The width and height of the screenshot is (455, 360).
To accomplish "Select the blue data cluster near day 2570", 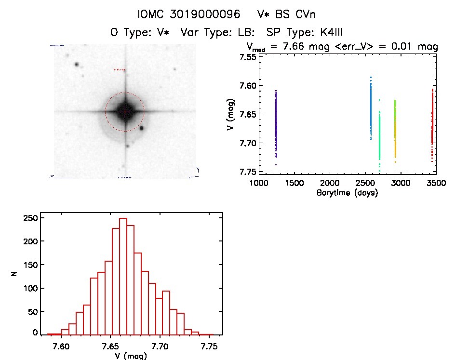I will [x=371, y=108].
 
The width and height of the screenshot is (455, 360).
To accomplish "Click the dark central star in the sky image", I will [x=125, y=111].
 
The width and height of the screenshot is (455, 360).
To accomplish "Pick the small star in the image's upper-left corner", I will [x=76, y=64].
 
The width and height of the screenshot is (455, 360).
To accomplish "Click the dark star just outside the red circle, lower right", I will [x=142, y=128].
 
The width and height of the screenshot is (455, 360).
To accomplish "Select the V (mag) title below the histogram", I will [x=128, y=356].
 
